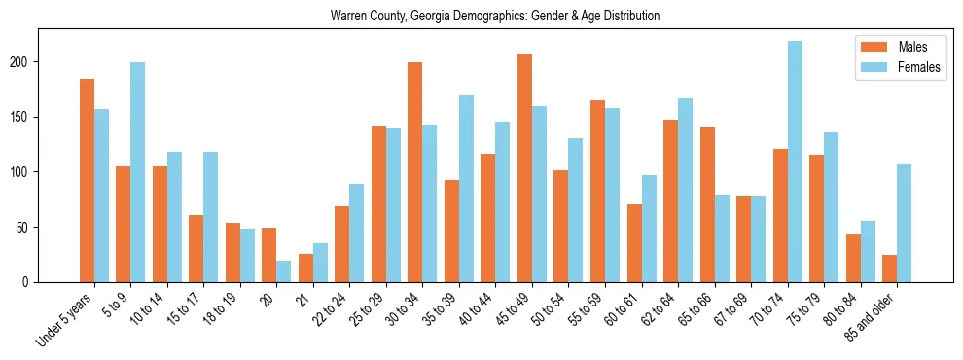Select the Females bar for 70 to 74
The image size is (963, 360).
click(x=795, y=162)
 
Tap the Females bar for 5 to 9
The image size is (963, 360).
click(x=138, y=172)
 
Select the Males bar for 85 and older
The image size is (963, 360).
click(x=889, y=269)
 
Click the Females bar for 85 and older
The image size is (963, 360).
click(x=904, y=223)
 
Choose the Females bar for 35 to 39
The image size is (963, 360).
click(x=466, y=189)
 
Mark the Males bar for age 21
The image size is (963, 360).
click(x=305, y=268)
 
